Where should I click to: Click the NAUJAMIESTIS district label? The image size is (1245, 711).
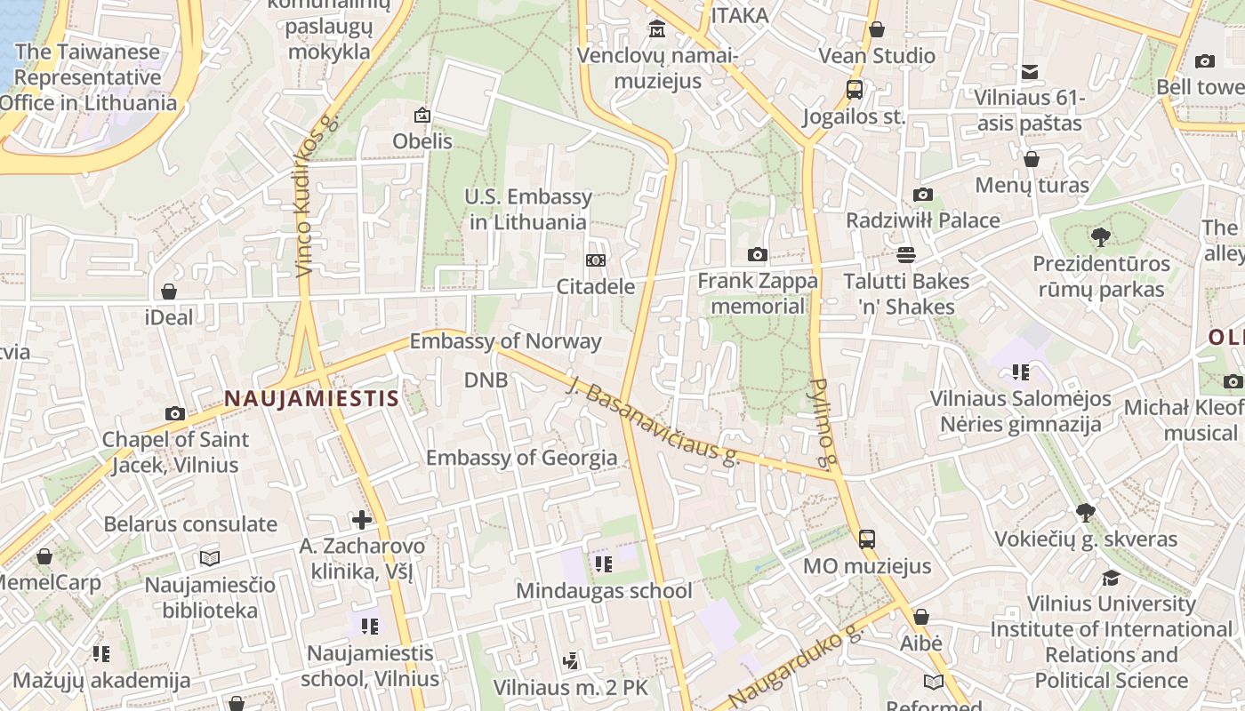pos(311,398)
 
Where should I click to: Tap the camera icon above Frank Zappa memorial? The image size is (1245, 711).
pos(757,255)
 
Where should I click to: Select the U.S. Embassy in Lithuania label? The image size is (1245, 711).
pos(528,209)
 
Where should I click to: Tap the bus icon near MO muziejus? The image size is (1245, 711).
pos(866,539)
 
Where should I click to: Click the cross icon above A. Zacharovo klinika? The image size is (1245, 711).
pos(362,520)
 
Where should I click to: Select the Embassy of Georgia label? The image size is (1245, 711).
pos(521,458)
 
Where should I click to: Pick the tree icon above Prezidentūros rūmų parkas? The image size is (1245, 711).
pos(1101,237)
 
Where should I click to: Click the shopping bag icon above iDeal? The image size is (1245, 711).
pos(169,292)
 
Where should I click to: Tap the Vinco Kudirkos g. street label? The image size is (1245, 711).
pos(317,195)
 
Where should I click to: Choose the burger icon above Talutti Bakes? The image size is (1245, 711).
pos(905,255)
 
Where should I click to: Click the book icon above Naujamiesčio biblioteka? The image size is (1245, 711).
pos(210,558)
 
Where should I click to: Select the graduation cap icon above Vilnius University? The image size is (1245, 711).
pos(1111,578)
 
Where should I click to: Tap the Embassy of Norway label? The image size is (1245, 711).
pos(505,341)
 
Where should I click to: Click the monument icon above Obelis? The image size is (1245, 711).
pos(422,115)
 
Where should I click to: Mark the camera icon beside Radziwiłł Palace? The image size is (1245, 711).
pos(923,195)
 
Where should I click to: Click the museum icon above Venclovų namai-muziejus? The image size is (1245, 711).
pos(657,29)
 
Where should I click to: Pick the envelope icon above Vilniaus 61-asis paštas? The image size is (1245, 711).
pos(1029,72)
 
